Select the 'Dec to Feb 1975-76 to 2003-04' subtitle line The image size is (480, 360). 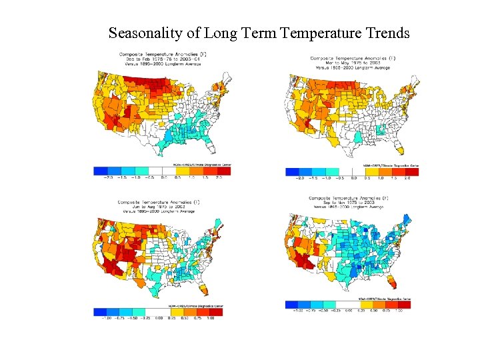click(x=163, y=59)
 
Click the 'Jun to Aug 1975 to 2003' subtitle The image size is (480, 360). click(x=158, y=206)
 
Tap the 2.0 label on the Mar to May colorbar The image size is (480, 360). click(x=407, y=178)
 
